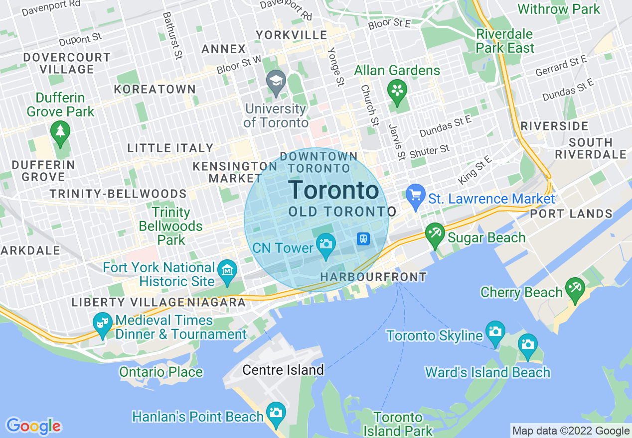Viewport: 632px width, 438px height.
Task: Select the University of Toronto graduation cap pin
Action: tap(275, 81)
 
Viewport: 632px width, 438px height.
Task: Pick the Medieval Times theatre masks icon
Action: tap(103, 323)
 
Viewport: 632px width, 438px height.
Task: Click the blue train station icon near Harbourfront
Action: tap(364, 239)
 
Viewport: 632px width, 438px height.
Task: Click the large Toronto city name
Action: tap(333, 191)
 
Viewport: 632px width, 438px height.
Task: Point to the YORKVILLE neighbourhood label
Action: tap(292, 35)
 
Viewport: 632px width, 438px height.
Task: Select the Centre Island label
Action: tap(283, 370)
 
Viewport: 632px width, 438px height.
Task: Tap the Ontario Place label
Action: tap(161, 372)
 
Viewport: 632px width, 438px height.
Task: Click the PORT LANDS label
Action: tap(571, 214)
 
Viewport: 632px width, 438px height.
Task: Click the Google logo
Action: tap(33, 426)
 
